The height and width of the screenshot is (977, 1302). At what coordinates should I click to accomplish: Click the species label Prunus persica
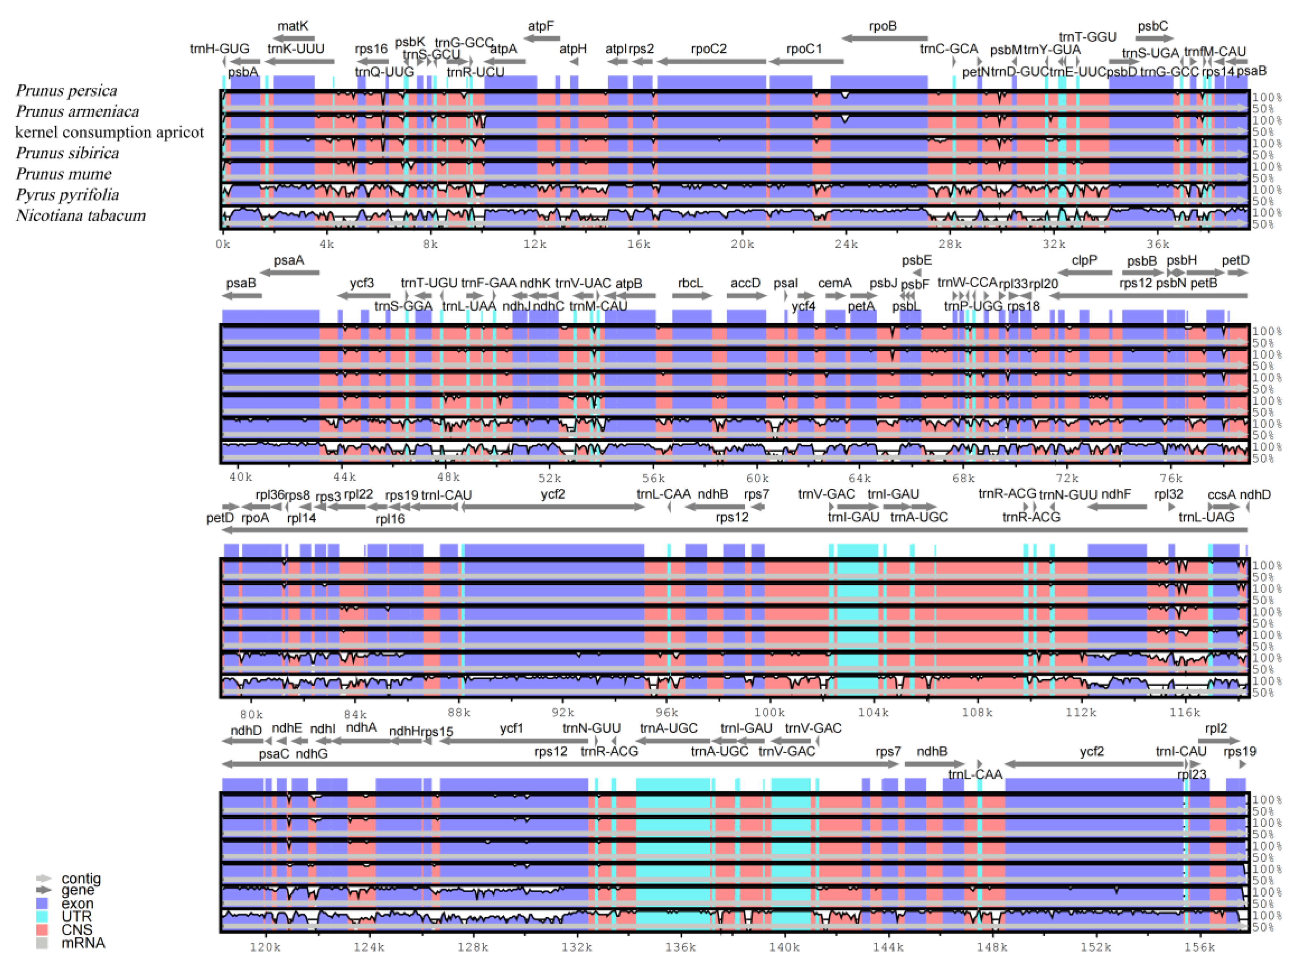click(66, 90)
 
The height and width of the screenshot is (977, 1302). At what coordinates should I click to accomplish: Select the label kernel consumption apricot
click(110, 132)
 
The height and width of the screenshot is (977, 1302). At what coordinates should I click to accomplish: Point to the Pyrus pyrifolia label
click(67, 194)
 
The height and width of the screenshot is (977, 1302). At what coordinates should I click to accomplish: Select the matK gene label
click(292, 26)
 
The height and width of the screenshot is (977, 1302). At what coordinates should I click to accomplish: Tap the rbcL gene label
click(690, 283)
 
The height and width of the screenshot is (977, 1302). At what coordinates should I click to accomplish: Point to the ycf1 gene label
click(511, 729)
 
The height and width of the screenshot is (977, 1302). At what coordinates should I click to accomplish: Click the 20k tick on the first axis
click(742, 244)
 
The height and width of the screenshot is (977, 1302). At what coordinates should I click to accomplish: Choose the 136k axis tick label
click(680, 947)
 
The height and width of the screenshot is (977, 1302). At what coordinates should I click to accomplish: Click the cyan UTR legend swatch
click(42, 916)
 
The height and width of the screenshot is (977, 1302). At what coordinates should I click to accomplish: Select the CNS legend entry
click(76, 929)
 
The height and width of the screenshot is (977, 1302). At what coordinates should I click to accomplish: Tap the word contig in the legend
click(81, 878)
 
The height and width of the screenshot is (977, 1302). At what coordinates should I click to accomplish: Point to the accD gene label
click(745, 283)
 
